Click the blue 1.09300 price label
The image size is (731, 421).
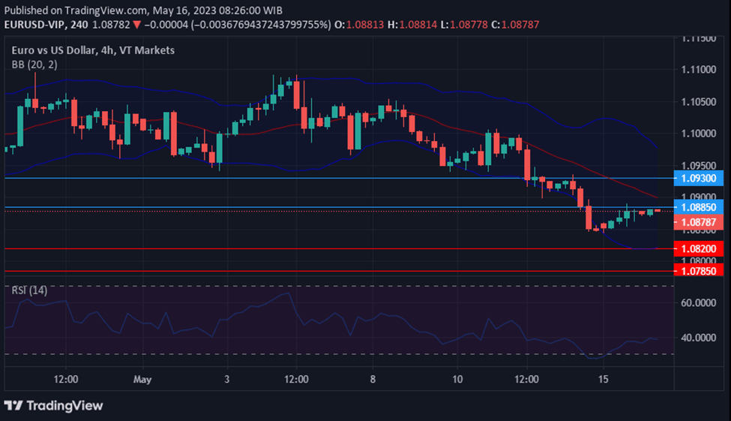pyautogui.click(x=700, y=178)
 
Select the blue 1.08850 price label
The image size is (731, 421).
pyautogui.click(x=700, y=206)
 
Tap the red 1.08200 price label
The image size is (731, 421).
pyautogui.click(x=700, y=248)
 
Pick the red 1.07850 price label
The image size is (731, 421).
pyautogui.click(x=700, y=270)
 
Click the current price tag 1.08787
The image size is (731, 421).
pyautogui.click(x=700, y=222)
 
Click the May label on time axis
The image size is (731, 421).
pyautogui.click(x=142, y=380)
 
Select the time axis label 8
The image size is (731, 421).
pyautogui.click(x=373, y=380)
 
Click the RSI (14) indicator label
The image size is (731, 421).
pyautogui.click(x=29, y=290)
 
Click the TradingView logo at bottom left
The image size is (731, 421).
pyautogui.click(x=53, y=405)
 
